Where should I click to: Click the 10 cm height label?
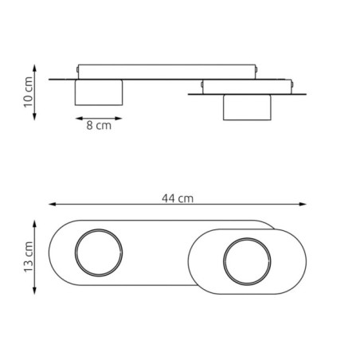pyautogui.click(x=27, y=93)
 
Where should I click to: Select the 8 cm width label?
pyautogui.click(x=99, y=126)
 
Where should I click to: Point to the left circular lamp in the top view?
pyautogui.click(x=99, y=255)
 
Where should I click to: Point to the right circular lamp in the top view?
pyautogui.click(x=247, y=261)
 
